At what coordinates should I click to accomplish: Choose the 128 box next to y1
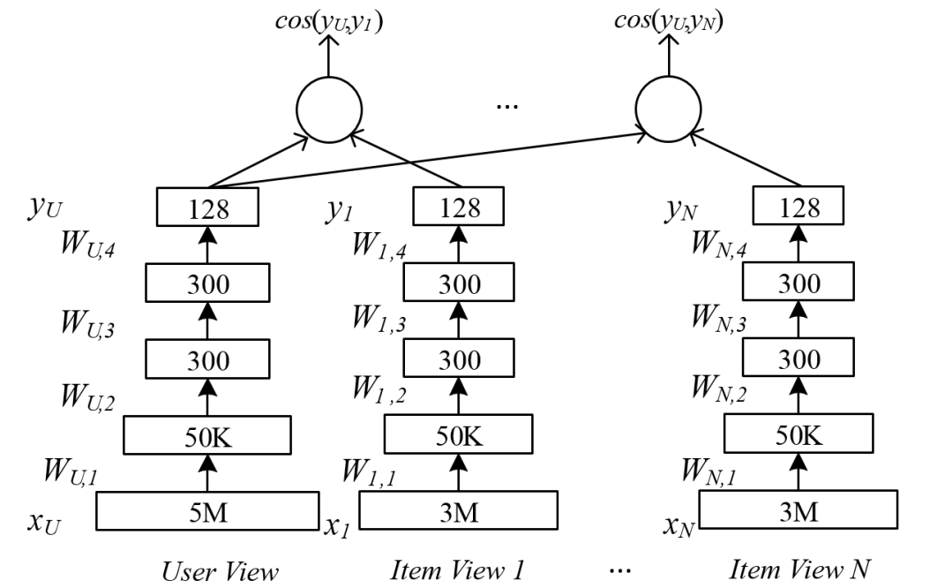point(458,209)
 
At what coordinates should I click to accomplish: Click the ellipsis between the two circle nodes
point(508,106)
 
